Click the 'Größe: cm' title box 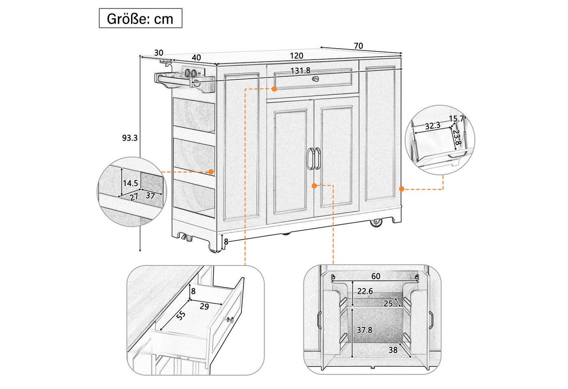tap(140, 18)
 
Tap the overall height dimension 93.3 tap(130, 138)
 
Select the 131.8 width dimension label tap(300, 71)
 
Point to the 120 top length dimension tap(297, 56)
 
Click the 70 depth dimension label tap(358, 46)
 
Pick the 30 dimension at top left tap(159, 53)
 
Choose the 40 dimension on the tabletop tap(196, 58)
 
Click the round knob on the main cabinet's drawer tap(316, 79)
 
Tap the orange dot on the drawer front tap(274, 89)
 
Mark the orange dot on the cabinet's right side tap(402, 189)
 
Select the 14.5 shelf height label tap(130, 183)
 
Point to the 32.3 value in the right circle tap(432, 126)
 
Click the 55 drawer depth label tap(181, 316)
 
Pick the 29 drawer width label tap(204, 306)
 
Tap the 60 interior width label tap(376, 276)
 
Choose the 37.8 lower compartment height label tap(364, 330)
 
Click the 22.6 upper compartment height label tap(365, 291)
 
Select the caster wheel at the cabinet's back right tap(376, 223)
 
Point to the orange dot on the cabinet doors tap(314, 186)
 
